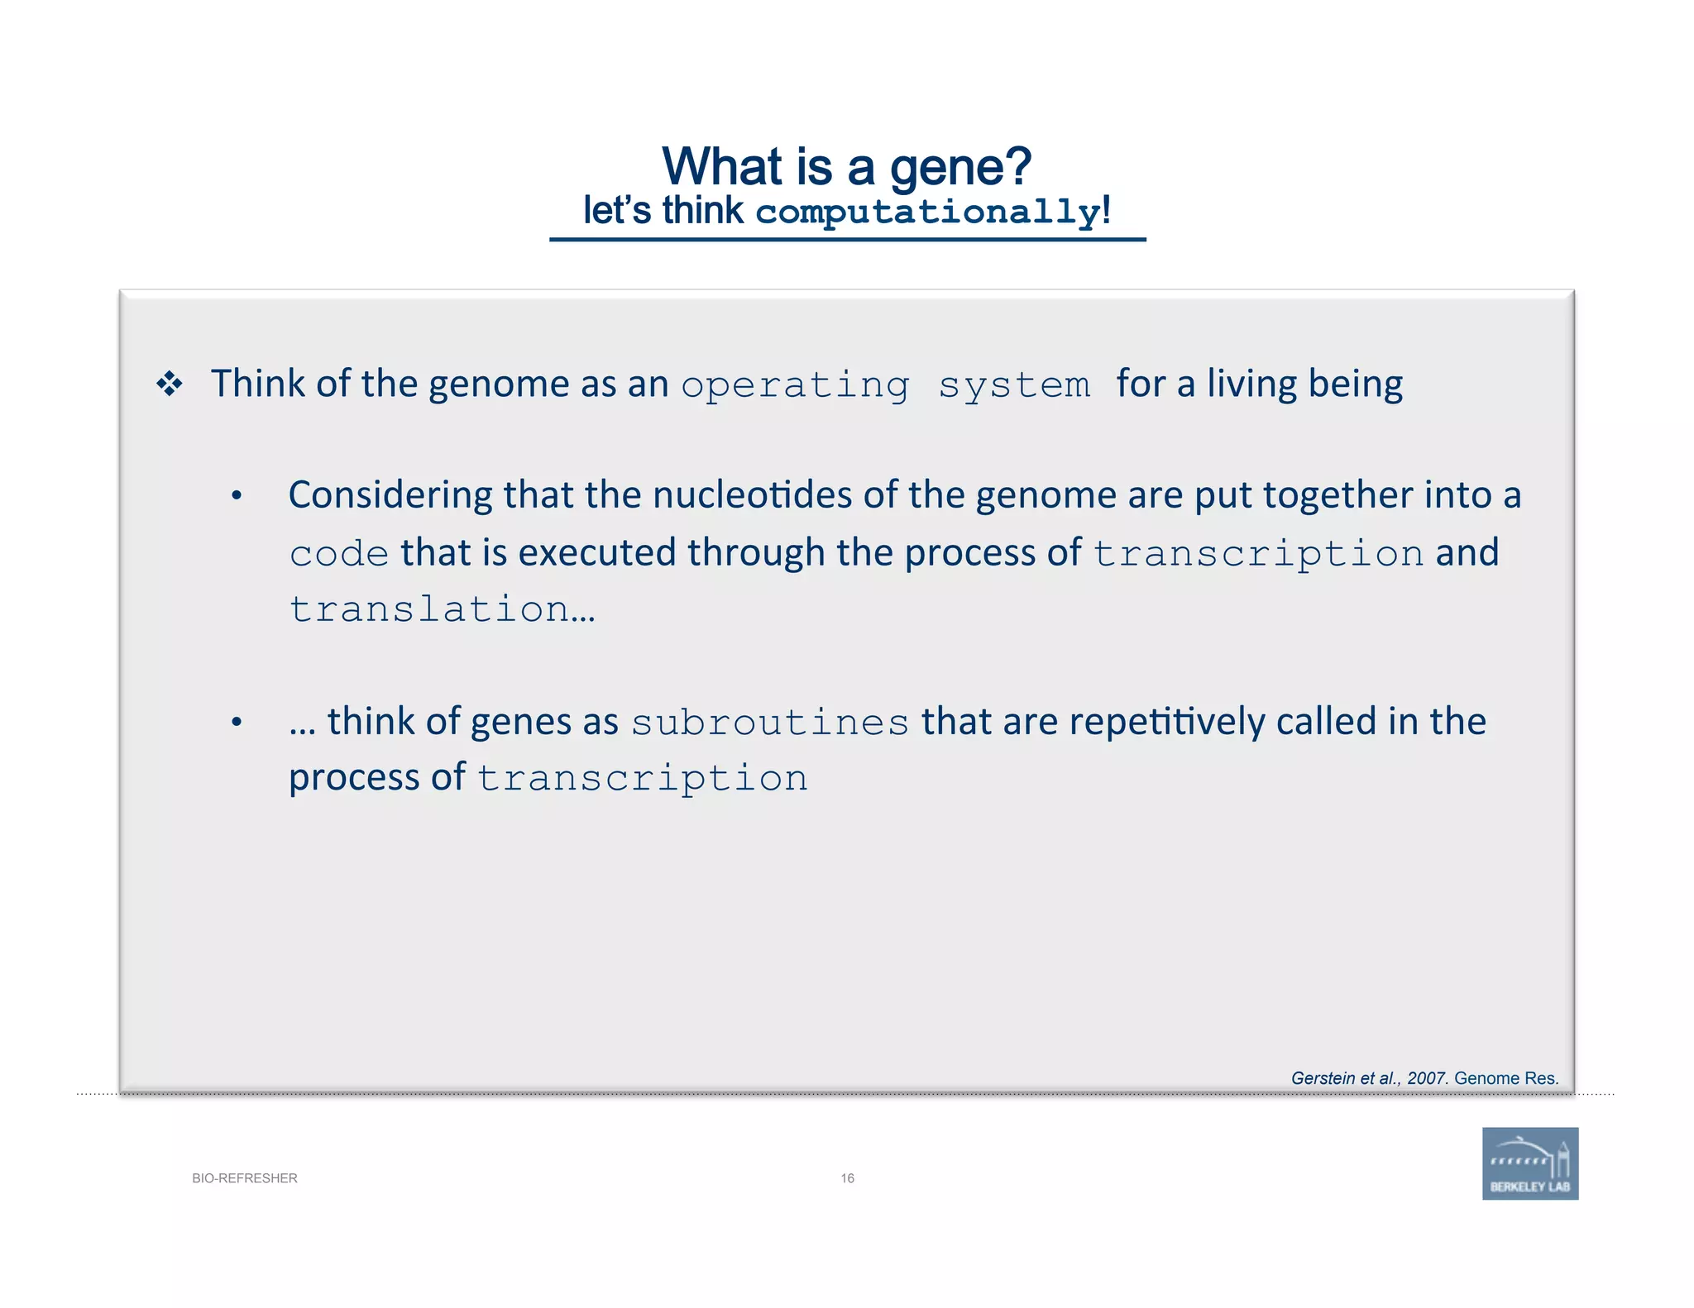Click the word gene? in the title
(959, 168)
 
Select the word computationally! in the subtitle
(933, 212)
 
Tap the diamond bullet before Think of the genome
(170, 384)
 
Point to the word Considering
(390, 495)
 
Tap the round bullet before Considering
(237, 496)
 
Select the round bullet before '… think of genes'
(237, 723)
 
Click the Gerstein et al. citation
(1424, 1078)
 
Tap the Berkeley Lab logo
(1529, 1163)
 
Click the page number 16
(847, 1178)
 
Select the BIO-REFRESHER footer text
(244, 1178)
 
